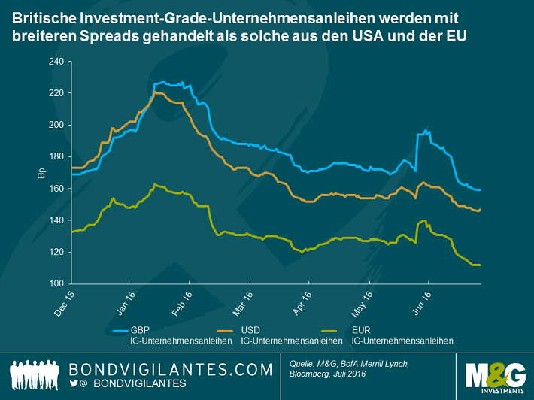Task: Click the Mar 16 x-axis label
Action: click(241, 302)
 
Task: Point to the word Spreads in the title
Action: click(94, 35)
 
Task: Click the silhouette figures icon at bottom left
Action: click(36, 374)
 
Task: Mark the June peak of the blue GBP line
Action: click(427, 130)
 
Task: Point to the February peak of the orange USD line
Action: click(156, 92)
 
